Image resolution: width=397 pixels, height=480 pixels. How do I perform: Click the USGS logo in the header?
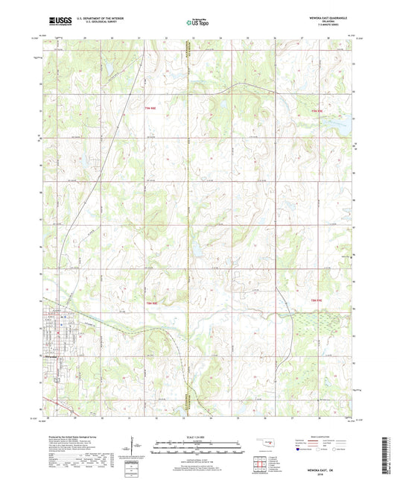click(x=59, y=22)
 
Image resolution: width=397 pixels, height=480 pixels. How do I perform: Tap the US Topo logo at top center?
click(x=197, y=23)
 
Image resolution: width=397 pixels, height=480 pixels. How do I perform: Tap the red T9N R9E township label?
click(x=317, y=110)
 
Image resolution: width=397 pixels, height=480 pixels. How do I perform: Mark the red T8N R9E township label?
click(x=316, y=300)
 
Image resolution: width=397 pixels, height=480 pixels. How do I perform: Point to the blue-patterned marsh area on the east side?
click(x=309, y=322)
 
